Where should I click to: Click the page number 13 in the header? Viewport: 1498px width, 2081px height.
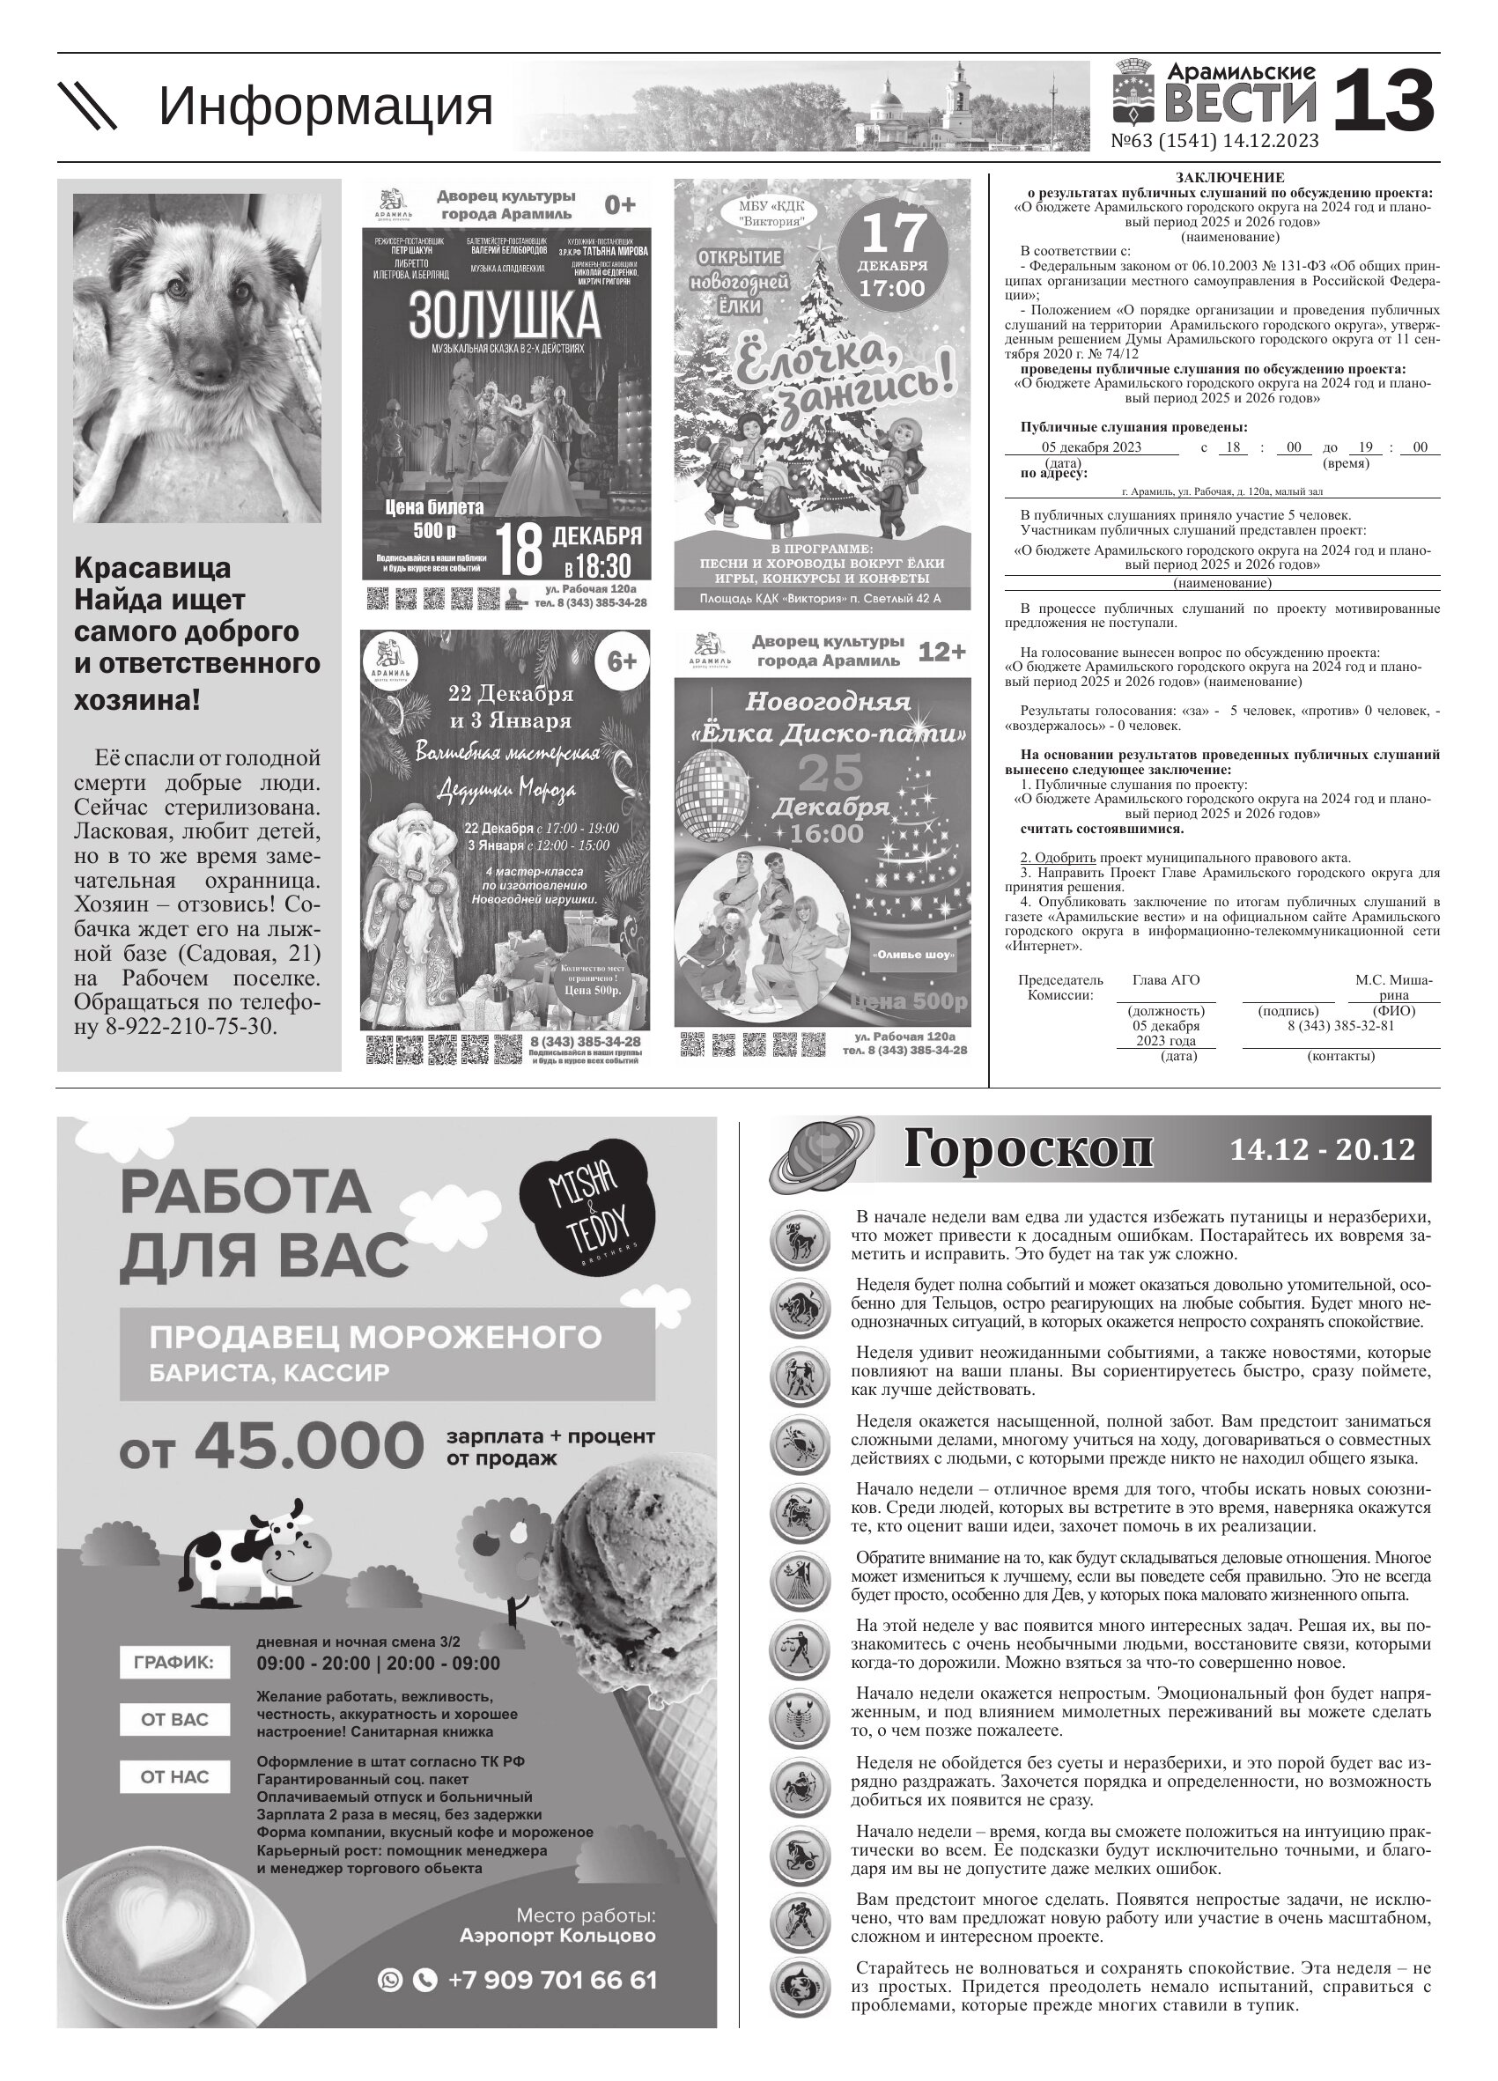[x=1383, y=102]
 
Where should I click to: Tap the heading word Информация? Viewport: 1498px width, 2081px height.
[x=326, y=107]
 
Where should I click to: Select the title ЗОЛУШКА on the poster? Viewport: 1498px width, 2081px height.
[x=505, y=316]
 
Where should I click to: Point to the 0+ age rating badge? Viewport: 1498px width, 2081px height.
[x=620, y=204]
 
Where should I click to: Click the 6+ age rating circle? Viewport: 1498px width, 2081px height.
[x=622, y=660]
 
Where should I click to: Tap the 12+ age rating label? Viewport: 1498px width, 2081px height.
[x=942, y=652]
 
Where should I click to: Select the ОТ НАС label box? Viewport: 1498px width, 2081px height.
[x=174, y=1803]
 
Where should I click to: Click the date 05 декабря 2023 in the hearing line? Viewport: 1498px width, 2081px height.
[x=1091, y=446]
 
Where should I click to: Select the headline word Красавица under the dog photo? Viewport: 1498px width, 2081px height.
[x=152, y=568]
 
